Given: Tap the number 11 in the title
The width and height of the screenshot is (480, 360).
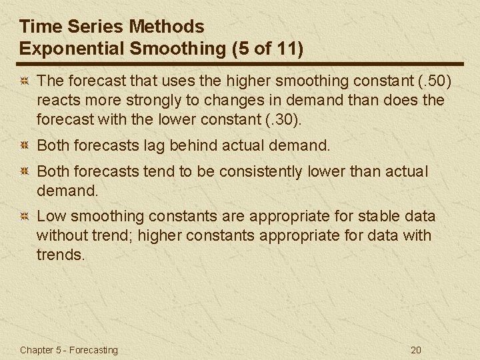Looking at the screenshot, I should tap(283, 49).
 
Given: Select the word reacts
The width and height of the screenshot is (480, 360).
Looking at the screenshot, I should tap(59, 101).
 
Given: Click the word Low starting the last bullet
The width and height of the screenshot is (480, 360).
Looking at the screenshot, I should tap(51, 216).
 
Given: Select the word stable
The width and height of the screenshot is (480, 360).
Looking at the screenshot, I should tap(379, 216).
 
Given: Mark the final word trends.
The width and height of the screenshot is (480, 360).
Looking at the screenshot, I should tap(61, 255).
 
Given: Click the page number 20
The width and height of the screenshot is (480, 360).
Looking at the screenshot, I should tap(417, 350).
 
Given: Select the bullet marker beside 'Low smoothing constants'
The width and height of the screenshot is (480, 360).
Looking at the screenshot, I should tap(24, 217).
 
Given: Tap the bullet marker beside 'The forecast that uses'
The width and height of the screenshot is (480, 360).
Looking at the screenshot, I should tap(24, 82).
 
